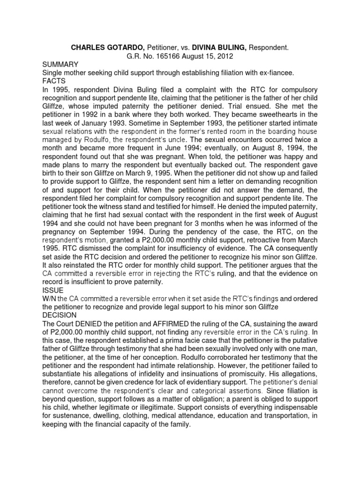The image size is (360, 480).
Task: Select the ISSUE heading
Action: tap(52, 291)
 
